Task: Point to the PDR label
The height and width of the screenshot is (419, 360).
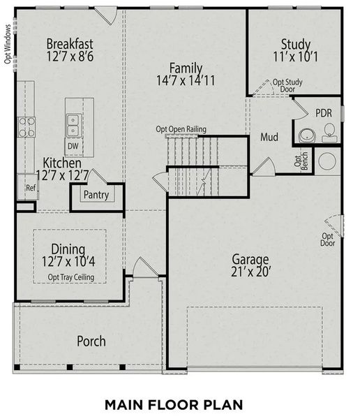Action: tap(323, 112)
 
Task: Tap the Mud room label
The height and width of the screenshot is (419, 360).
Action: tap(270, 138)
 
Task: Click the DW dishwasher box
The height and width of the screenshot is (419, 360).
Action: tap(73, 147)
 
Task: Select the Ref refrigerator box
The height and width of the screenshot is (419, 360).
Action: tap(30, 188)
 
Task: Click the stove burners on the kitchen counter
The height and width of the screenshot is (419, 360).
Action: tap(27, 126)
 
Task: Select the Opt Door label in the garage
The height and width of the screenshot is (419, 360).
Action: tap(327, 240)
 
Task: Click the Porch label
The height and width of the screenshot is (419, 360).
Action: tap(91, 341)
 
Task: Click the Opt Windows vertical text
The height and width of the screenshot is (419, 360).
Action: tap(8, 46)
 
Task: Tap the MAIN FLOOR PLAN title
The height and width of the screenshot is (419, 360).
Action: tap(173, 404)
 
